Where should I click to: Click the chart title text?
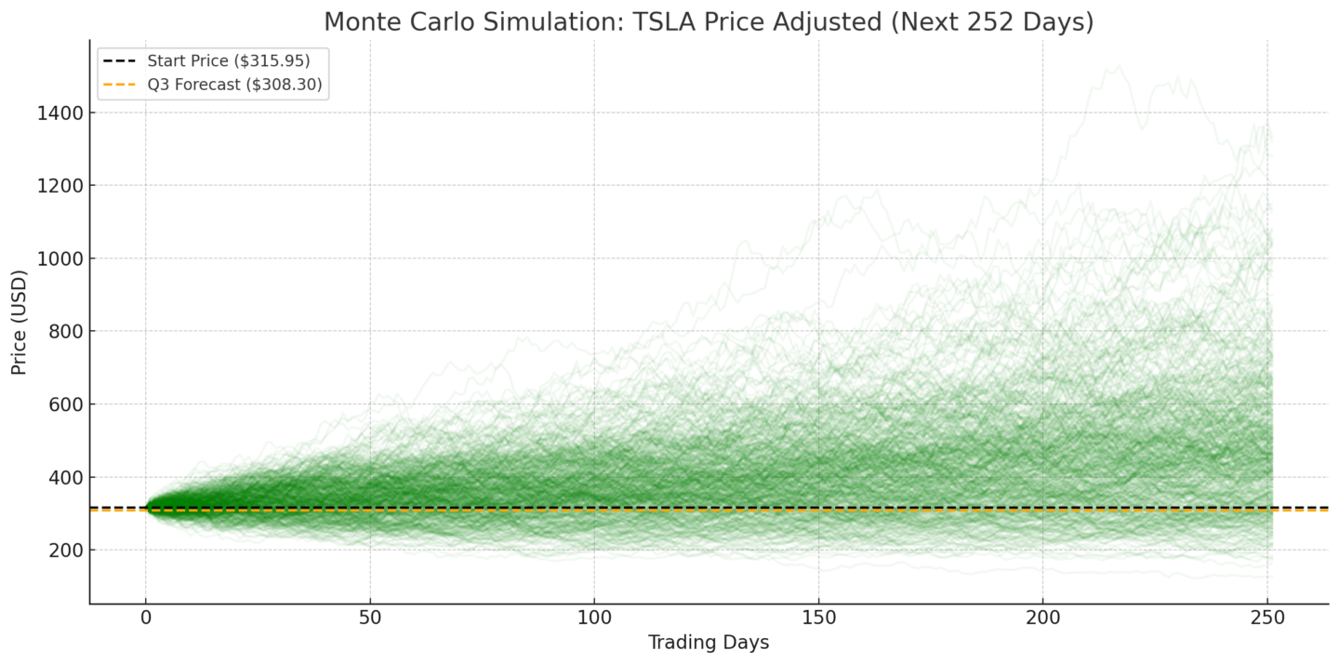[x=708, y=21]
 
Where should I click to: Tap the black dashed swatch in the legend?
[x=120, y=61]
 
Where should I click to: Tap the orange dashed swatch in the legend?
[x=120, y=85]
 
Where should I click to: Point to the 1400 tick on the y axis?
[x=60, y=113]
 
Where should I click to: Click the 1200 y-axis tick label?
[x=60, y=186]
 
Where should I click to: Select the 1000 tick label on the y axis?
[x=60, y=259]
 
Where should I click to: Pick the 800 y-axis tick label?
[x=65, y=332]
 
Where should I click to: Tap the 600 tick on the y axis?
[x=65, y=405]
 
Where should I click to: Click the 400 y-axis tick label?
[x=65, y=477]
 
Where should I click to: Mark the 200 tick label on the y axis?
[x=65, y=551]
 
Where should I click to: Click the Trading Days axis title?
[x=708, y=643]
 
